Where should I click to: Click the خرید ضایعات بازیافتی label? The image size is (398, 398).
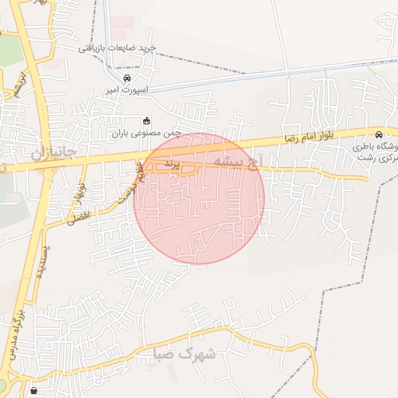click(x=117, y=48)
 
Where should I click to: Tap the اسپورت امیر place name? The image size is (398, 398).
click(x=127, y=89)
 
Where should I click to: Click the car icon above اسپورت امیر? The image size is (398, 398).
click(x=127, y=78)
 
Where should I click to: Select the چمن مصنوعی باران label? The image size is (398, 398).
click(x=146, y=133)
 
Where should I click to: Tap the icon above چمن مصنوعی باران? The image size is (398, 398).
click(x=146, y=120)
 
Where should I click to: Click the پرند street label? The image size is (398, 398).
click(x=171, y=166)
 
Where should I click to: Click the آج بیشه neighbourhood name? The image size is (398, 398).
click(x=249, y=162)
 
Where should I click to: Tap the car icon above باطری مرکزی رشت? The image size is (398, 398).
click(x=379, y=134)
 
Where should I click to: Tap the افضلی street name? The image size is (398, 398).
click(x=78, y=215)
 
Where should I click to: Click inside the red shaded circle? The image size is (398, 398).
click(x=199, y=210)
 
